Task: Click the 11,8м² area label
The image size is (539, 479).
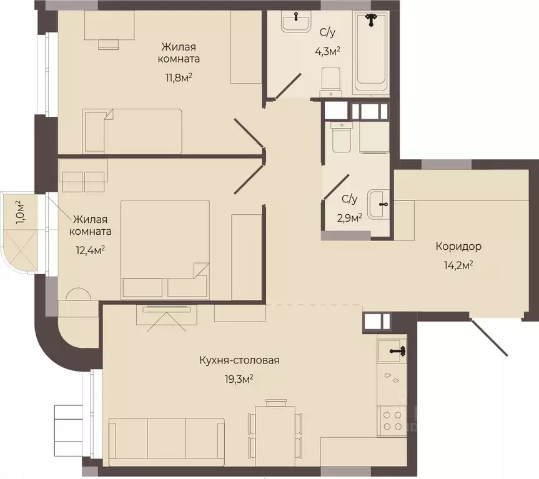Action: pos(179,77)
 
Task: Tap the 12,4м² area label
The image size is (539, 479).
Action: pos(90,250)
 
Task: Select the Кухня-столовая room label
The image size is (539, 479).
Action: pos(239,360)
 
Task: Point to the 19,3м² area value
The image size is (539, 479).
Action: pos(239,379)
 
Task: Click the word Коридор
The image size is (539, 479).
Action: pos(458,247)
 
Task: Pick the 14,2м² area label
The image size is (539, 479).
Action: pos(458,265)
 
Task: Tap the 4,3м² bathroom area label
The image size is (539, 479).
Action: pos(327,52)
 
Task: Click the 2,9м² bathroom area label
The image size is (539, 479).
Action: pos(349,218)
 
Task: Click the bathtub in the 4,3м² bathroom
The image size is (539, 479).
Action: pos(371,52)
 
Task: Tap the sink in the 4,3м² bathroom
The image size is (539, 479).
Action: pos(296,21)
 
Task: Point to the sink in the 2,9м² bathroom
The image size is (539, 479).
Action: pos(378,204)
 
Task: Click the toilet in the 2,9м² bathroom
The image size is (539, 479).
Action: pos(342,137)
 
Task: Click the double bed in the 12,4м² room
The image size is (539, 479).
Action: pos(165,249)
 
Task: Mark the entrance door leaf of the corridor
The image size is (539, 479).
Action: pos(488,337)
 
